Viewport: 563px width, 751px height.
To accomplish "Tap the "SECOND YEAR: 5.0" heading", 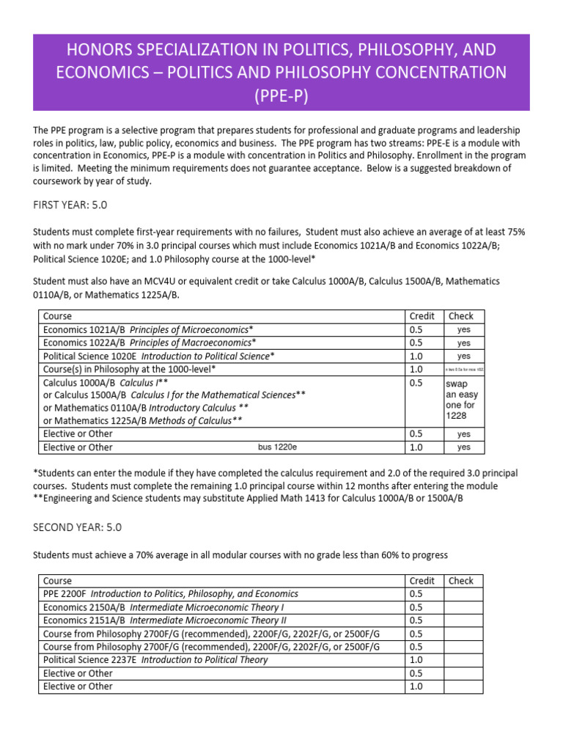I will click(x=77, y=527).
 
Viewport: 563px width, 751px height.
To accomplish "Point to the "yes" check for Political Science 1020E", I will click(x=463, y=356).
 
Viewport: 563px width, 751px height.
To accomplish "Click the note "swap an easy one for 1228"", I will click(x=462, y=400).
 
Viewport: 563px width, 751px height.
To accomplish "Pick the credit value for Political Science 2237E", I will click(x=417, y=660).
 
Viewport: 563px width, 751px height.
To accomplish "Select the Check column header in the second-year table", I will click(x=461, y=581).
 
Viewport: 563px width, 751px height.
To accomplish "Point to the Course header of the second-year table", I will click(x=58, y=581).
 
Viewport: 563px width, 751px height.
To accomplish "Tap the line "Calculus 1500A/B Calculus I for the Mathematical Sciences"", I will click(x=174, y=395).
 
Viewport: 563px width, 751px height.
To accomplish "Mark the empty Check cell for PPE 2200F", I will click(x=463, y=594).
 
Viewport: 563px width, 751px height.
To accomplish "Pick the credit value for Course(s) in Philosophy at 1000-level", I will click(x=417, y=369).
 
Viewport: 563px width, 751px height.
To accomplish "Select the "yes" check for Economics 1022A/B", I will click(x=463, y=343).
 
